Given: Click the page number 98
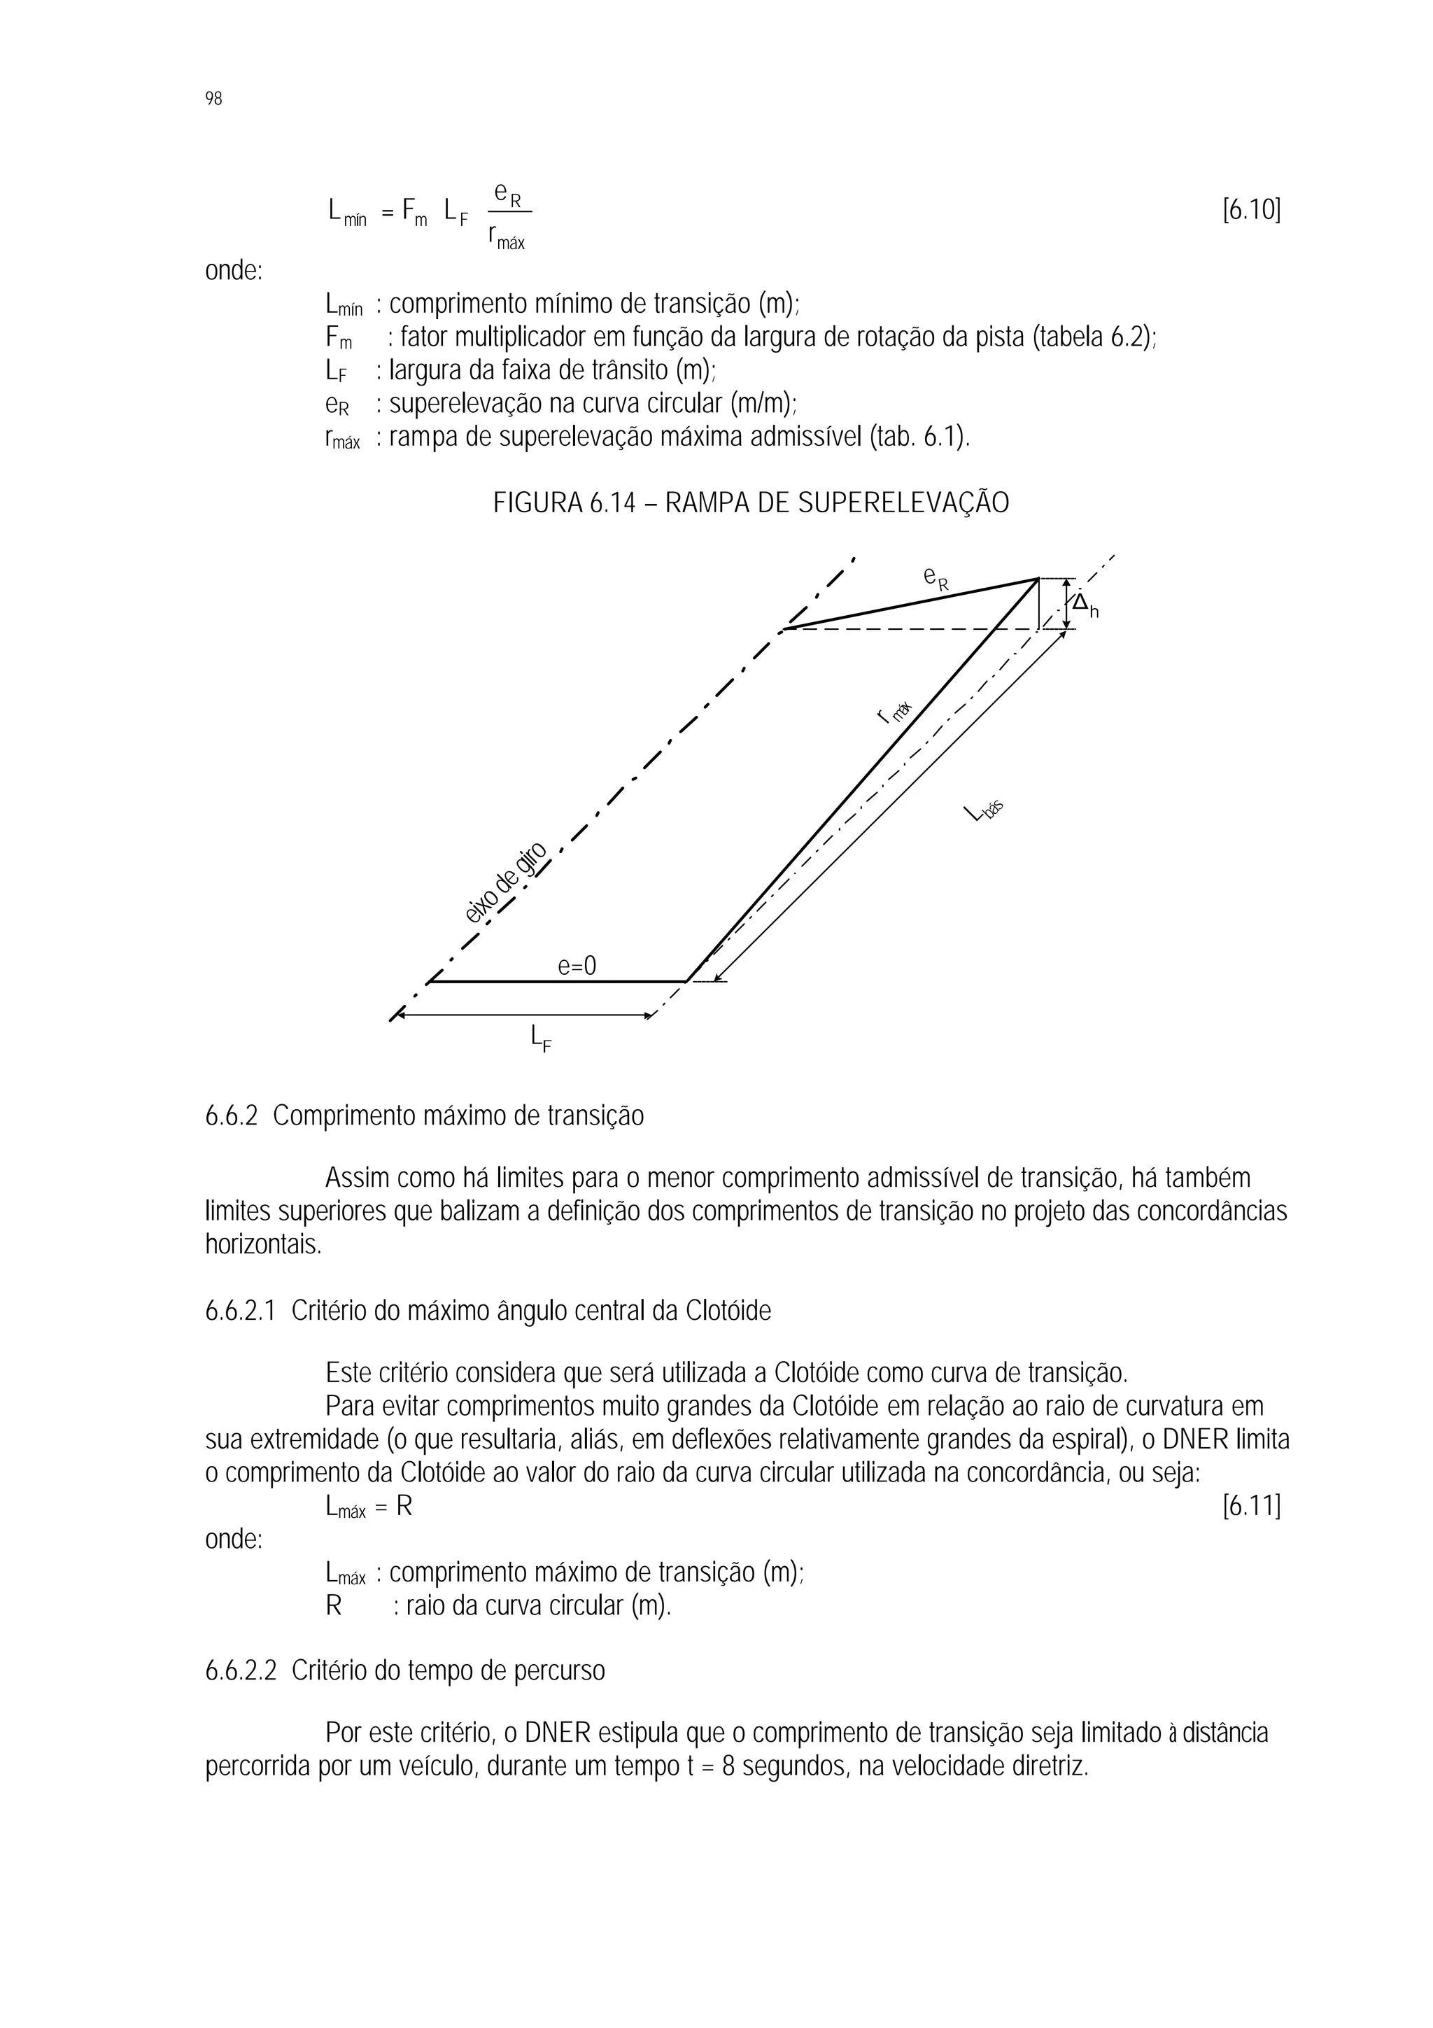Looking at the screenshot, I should point(213,99).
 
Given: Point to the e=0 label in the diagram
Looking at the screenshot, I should point(577,966).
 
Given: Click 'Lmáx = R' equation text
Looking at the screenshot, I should point(369,1506).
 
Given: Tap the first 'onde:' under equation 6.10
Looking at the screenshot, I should point(234,270).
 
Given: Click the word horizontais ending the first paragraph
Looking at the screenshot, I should point(263,1246).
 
